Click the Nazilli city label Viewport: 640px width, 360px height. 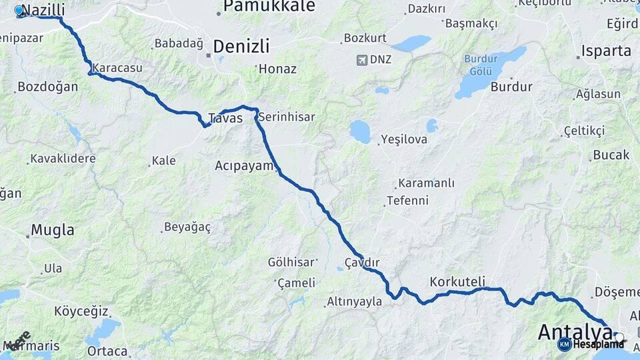pos(44,10)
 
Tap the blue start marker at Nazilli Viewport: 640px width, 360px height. pos(19,10)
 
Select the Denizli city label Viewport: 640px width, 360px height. pos(241,47)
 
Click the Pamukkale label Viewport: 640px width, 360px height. pos(259,7)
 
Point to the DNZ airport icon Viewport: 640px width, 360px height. pos(363,60)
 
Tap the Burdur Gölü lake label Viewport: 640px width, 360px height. pos(481,65)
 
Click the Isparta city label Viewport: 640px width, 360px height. pos(605,51)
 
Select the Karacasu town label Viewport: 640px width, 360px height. pos(117,68)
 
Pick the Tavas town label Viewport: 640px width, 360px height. pos(225,119)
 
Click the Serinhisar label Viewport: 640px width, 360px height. pos(287,117)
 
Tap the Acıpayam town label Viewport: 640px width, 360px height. pos(245,165)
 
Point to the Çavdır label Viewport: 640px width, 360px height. pos(363,262)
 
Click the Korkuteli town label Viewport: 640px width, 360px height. pos(457,281)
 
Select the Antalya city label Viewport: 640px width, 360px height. pos(575,332)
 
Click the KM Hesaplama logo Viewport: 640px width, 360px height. pos(592,344)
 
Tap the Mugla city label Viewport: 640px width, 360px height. pos(53,231)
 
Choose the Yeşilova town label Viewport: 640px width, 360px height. pos(403,140)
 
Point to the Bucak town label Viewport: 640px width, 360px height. pos(611,155)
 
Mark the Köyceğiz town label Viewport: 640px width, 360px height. pos(81,311)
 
